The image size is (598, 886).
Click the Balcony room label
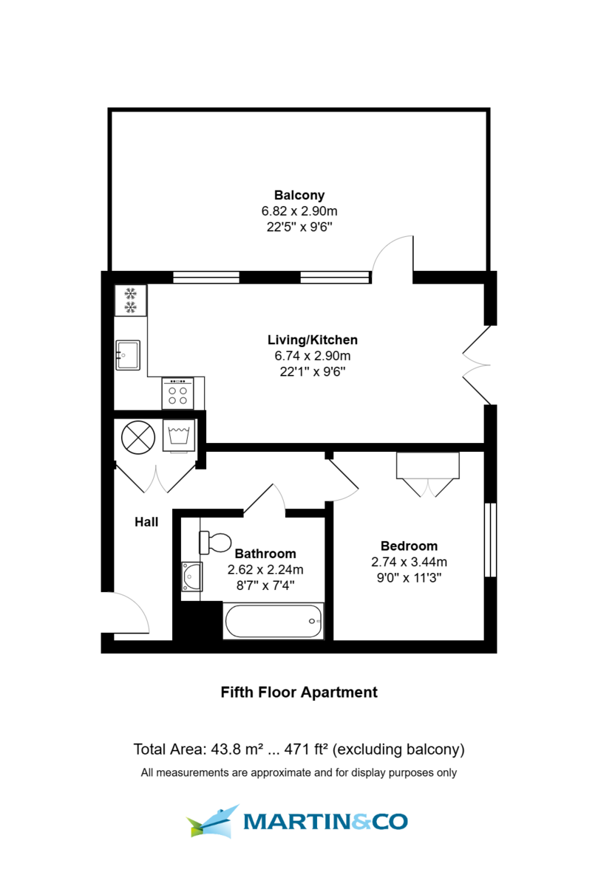pyautogui.click(x=299, y=196)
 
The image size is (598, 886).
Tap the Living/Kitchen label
pyautogui.click(x=312, y=340)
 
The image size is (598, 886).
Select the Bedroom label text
pyautogui.click(x=409, y=546)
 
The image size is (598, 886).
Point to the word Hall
pyautogui.click(x=146, y=522)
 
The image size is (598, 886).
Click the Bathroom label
pyautogui.click(x=265, y=554)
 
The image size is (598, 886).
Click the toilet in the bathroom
pyautogui.click(x=215, y=543)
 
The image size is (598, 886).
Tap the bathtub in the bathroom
pyautogui.click(x=273, y=621)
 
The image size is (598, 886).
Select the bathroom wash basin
pyautogui.click(x=191, y=576)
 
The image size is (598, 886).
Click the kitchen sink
pyautogui.click(x=128, y=354)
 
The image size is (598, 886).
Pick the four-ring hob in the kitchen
pyautogui.click(x=177, y=393)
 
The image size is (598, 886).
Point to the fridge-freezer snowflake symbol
pyautogui.click(x=131, y=299)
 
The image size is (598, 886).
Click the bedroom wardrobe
pyautogui.click(x=428, y=465)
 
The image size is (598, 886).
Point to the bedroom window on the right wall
pyautogui.click(x=489, y=540)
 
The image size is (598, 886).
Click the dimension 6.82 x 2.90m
pyautogui.click(x=299, y=211)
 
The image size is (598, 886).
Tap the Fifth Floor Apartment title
pyautogui.click(x=299, y=693)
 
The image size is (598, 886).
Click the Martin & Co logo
pyautogui.click(x=298, y=821)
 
